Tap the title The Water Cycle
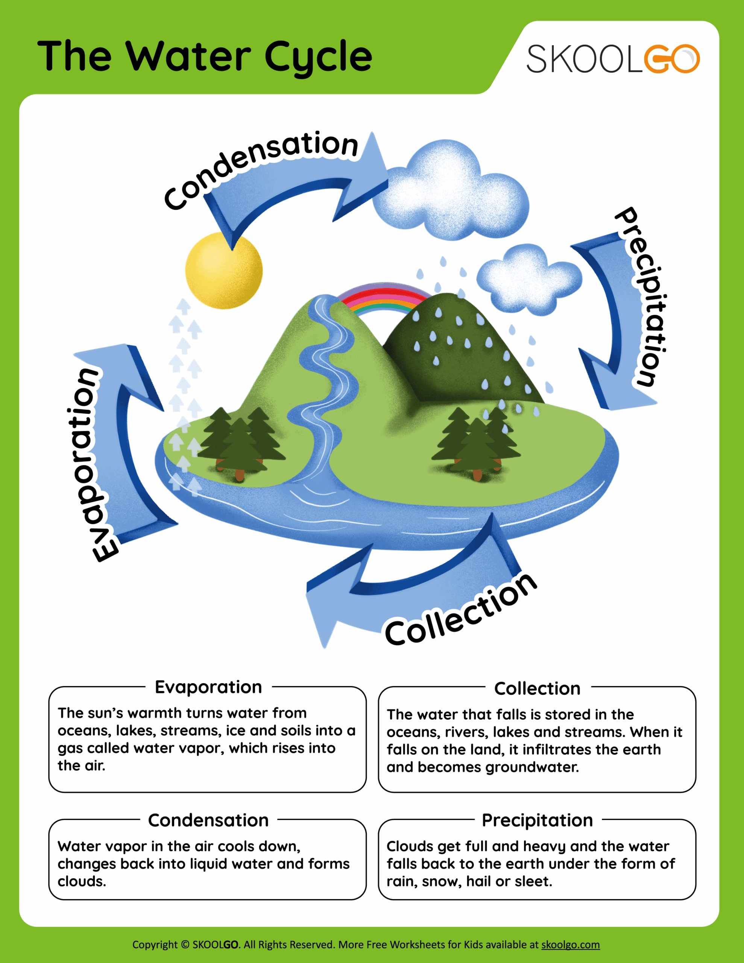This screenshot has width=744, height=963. (x=205, y=56)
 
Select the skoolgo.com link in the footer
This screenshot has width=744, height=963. (x=570, y=945)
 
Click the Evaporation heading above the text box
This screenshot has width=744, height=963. (x=208, y=687)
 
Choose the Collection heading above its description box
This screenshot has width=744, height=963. (x=537, y=688)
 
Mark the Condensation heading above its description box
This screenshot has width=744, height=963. (x=208, y=820)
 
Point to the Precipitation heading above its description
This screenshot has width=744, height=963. (x=537, y=820)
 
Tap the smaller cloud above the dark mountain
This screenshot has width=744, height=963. (x=529, y=280)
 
